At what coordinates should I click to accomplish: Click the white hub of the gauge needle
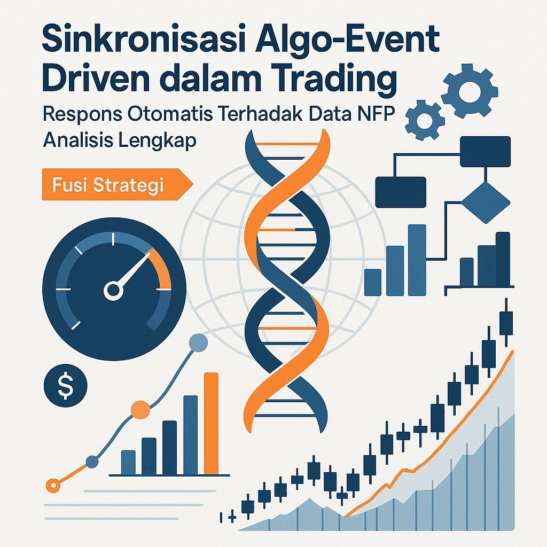click(x=114, y=291)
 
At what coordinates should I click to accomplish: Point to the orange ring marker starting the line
click(x=52, y=485)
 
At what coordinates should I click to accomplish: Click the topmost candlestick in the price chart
click(x=505, y=323)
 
